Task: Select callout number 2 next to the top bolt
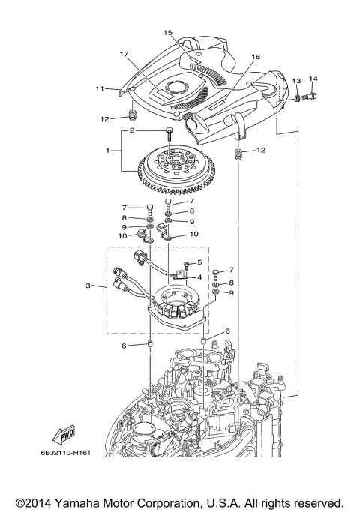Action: [x=131, y=130]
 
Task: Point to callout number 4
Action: [x=199, y=277]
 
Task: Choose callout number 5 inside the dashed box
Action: [x=199, y=262]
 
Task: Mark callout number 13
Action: [x=296, y=80]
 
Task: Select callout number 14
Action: [x=313, y=79]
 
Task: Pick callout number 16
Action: [x=255, y=57]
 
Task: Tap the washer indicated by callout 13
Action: [x=298, y=97]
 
